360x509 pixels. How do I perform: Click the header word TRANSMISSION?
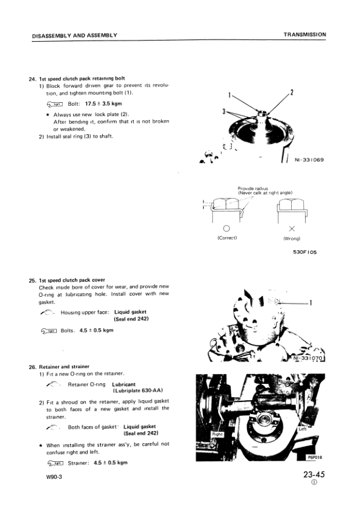click(x=304, y=34)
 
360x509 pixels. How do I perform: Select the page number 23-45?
click(x=315, y=475)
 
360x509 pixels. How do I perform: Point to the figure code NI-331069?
click(x=309, y=160)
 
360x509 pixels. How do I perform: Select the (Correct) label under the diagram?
click(x=227, y=238)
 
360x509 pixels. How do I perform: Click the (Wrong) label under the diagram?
click(x=292, y=238)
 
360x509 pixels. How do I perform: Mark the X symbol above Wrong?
click(x=292, y=229)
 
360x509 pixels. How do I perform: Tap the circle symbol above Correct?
click(x=227, y=229)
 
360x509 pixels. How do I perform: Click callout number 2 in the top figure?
click(x=292, y=92)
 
